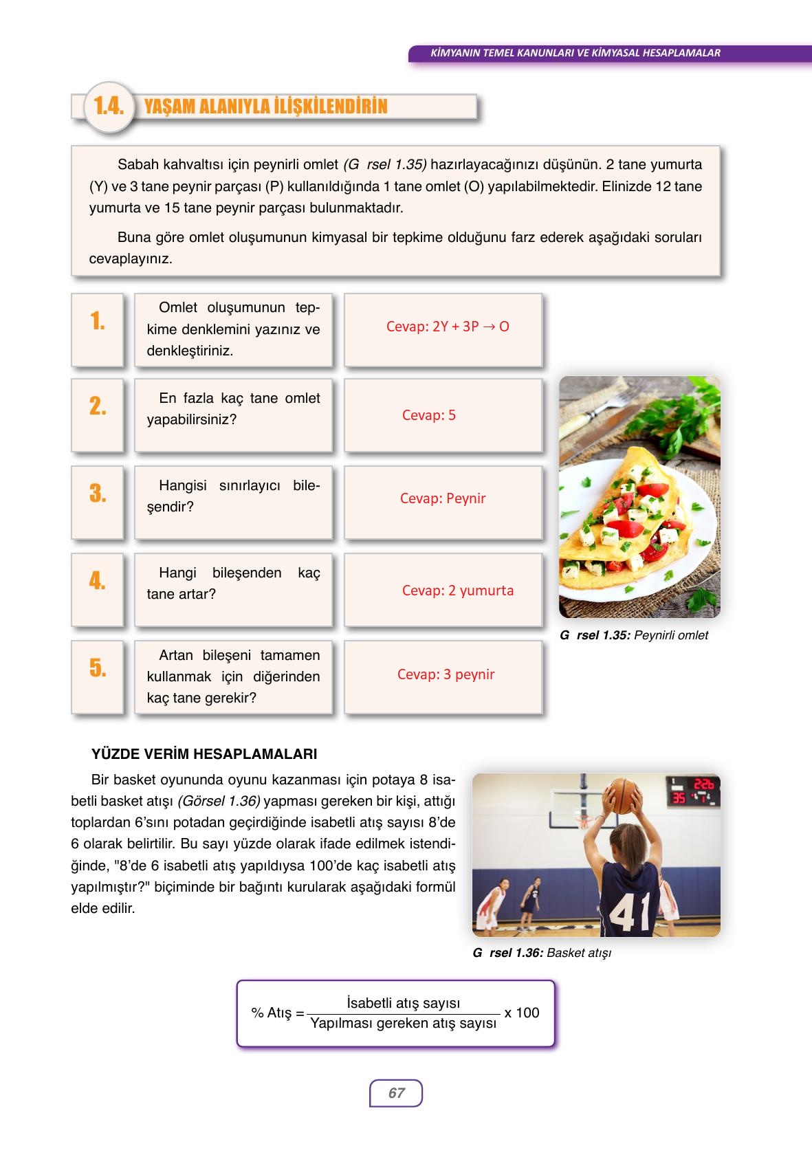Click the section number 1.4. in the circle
coord(109,107)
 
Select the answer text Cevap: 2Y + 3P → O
coord(448,327)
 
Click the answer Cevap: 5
coord(429,415)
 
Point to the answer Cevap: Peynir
coord(443,498)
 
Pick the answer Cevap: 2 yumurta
coord(458,591)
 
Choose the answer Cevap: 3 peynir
coord(446,674)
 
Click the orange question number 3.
coord(98,494)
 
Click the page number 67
coord(396,1093)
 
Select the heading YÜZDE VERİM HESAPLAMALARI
coord(204,754)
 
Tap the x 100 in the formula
coord(521,1013)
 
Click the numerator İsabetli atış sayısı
coord(404,1003)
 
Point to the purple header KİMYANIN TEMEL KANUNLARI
coord(574,52)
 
